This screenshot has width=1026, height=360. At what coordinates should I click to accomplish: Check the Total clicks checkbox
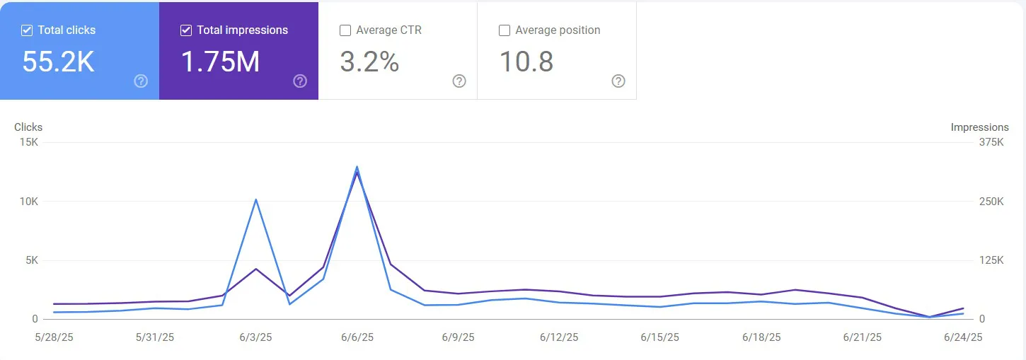(x=27, y=30)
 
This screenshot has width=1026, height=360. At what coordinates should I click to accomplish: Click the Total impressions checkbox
(x=186, y=30)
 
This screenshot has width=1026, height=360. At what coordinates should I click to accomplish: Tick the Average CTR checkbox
(x=345, y=30)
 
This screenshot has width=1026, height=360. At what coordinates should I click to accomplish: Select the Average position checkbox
(x=505, y=30)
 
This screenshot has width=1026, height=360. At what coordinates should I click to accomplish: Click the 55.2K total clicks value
(x=58, y=62)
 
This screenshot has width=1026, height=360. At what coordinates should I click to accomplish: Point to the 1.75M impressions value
(x=220, y=62)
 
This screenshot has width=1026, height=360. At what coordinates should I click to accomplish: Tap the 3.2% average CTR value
(x=369, y=62)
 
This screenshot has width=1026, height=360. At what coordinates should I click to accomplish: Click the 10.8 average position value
(x=526, y=62)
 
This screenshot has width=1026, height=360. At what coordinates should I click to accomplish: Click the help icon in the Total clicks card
(x=141, y=81)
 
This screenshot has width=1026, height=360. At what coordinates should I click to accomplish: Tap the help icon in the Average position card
(x=618, y=81)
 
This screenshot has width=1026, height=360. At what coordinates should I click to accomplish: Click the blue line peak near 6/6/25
(x=357, y=167)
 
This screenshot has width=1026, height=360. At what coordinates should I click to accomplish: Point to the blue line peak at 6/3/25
(x=255, y=199)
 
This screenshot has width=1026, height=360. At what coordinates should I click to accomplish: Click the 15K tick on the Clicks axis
(x=30, y=142)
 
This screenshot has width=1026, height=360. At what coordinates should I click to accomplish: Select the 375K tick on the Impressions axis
(x=991, y=142)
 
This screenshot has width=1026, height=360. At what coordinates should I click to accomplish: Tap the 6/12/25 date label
(x=559, y=337)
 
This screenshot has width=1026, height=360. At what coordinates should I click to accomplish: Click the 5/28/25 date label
(x=54, y=337)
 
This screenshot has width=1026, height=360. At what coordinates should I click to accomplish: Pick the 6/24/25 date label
(x=963, y=337)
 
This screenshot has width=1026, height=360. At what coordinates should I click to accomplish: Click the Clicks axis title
(x=28, y=127)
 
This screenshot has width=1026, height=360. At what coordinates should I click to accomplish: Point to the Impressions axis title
(x=979, y=127)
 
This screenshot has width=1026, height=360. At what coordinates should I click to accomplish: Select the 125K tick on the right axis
(x=991, y=260)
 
